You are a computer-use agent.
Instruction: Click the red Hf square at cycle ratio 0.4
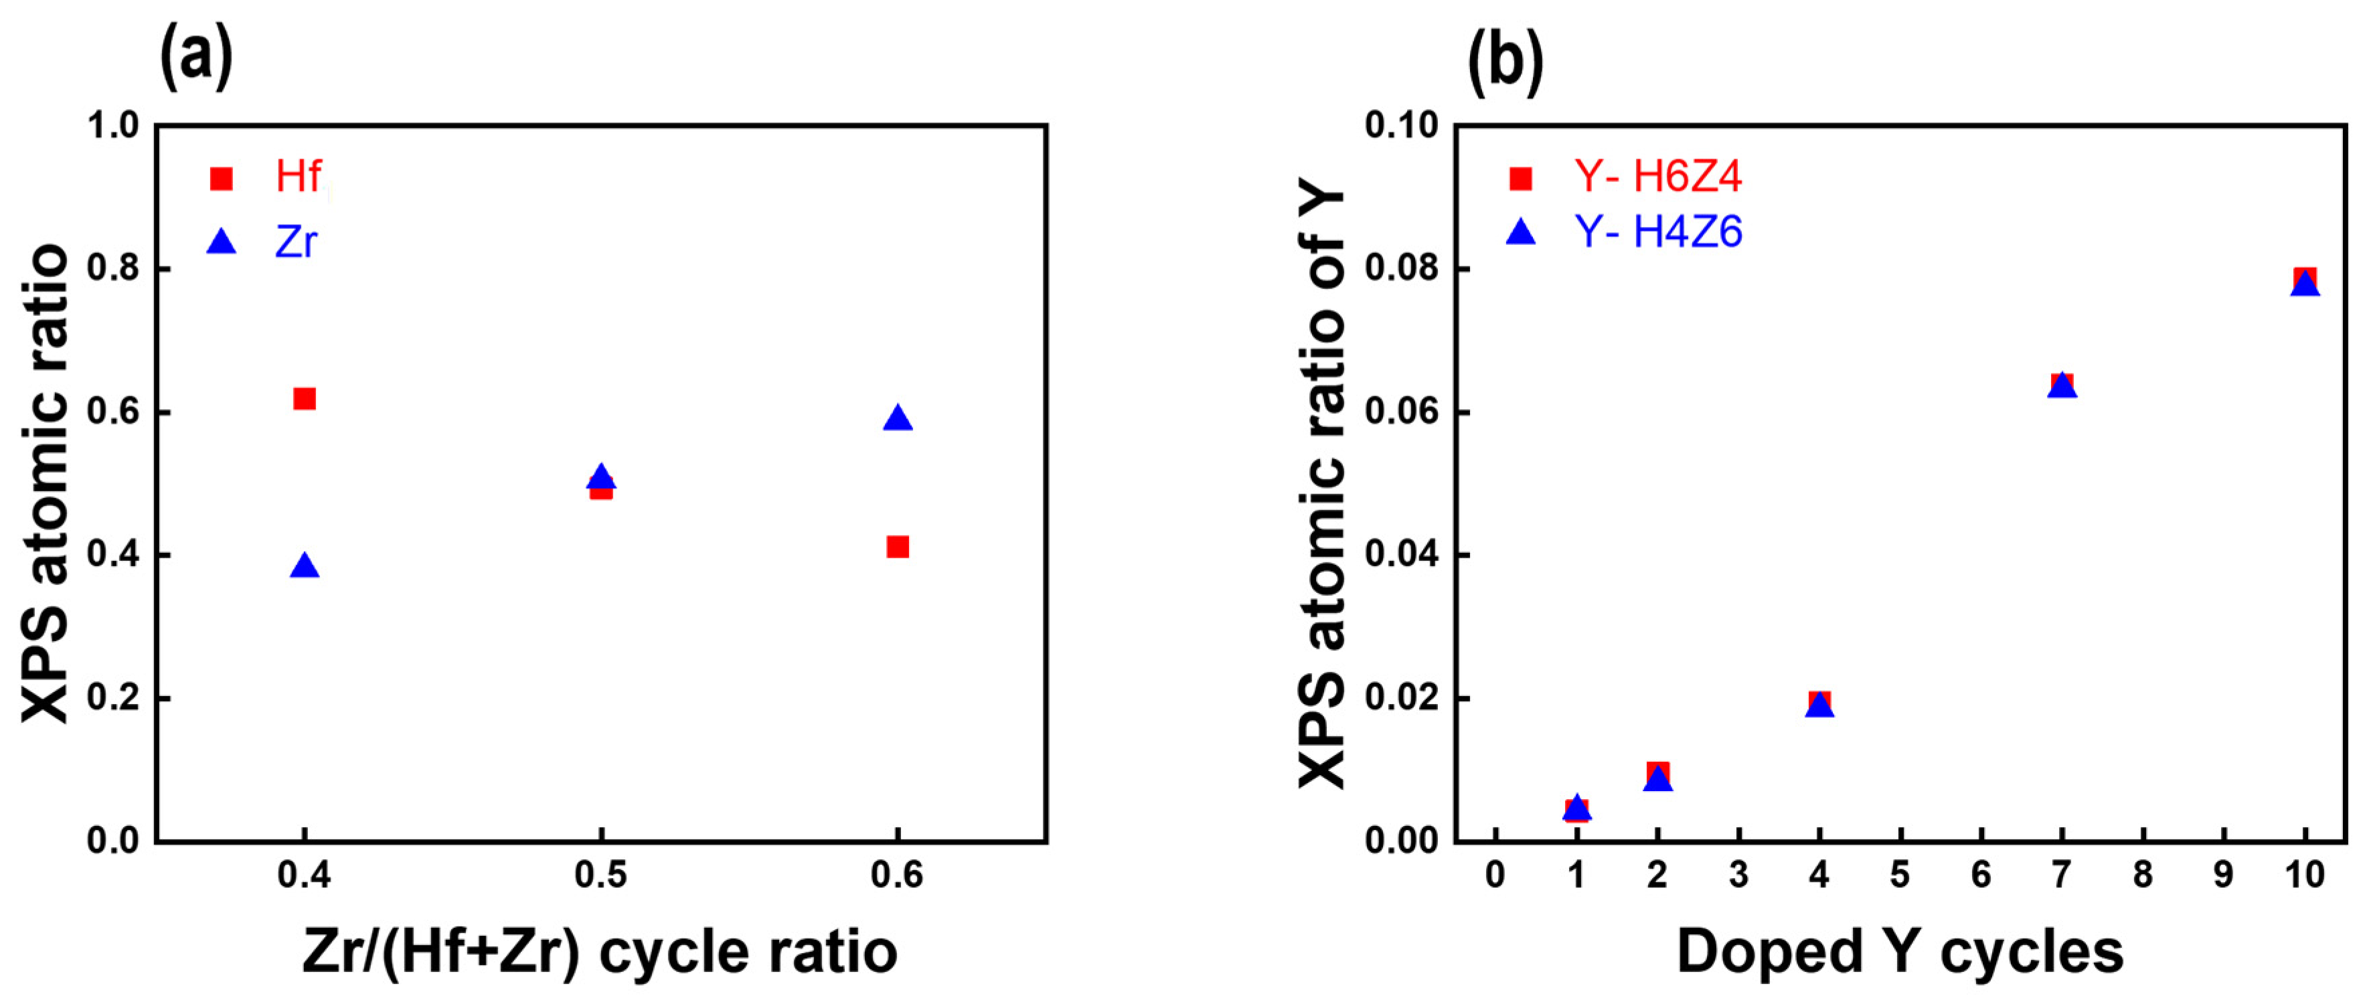point(305,398)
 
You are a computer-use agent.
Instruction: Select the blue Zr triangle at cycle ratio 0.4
point(305,566)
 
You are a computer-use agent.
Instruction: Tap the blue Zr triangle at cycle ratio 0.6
point(898,418)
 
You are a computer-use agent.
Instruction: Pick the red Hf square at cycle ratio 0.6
point(898,547)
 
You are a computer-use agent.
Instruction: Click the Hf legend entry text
point(299,177)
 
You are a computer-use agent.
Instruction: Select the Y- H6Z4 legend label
point(1657,177)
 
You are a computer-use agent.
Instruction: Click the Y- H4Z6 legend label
point(1657,232)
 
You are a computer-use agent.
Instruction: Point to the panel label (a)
point(196,57)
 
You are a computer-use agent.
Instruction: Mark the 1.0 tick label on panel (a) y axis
point(112,125)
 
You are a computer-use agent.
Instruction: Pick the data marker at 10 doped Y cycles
point(2305,281)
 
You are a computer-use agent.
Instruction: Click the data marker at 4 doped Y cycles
point(1819,704)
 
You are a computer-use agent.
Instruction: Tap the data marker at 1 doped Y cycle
point(1576,809)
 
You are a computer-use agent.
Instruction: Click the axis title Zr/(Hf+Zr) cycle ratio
point(600,952)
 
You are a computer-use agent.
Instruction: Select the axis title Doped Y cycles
point(1900,952)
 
